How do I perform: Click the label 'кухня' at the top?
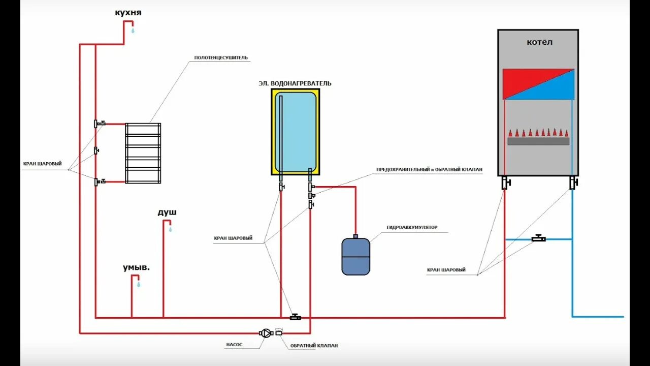[128, 13]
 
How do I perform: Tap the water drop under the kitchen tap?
[134, 30]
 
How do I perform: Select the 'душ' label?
[167, 212]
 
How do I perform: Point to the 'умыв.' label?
[136, 267]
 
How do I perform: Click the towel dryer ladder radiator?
[143, 153]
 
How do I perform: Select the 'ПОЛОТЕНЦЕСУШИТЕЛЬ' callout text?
[221, 58]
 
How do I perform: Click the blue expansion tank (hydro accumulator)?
[355, 256]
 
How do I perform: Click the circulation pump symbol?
[266, 333]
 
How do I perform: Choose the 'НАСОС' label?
[234, 345]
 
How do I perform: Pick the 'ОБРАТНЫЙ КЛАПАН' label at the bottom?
[314, 346]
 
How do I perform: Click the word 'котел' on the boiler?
[539, 42]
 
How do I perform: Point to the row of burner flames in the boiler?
[538, 133]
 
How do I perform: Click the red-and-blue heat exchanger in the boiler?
[538, 84]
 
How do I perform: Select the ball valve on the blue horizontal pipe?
[538, 238]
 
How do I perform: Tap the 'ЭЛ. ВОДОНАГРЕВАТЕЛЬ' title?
[295, 83]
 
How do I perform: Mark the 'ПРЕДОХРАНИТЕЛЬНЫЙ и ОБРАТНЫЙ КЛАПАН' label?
[429, 170]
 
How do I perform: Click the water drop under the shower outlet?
[170, 230]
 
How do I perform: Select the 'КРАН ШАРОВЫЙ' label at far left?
[43, 164]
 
